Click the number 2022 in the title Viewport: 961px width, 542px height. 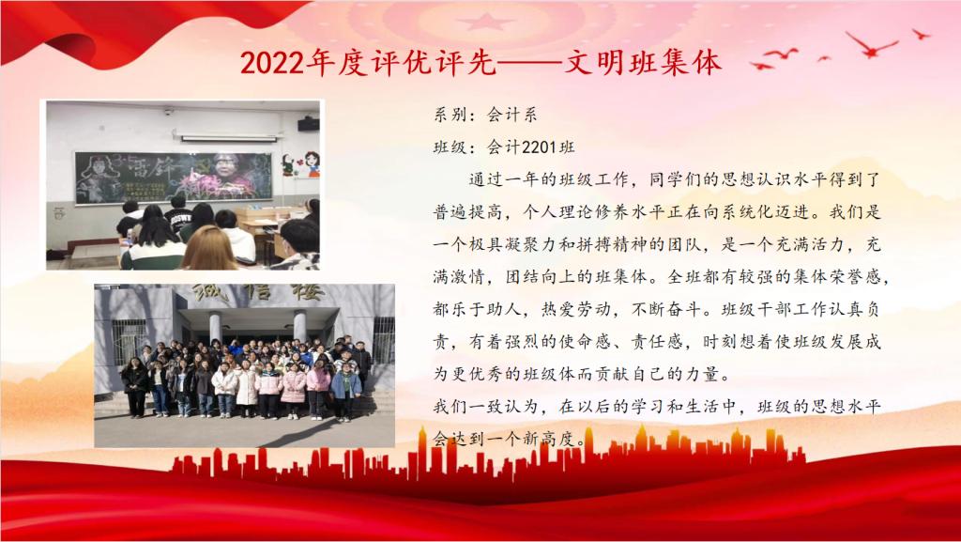tap(272, 63)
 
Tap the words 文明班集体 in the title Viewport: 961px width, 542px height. tap(641, 63)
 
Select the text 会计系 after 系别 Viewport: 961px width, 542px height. tap(511, 115)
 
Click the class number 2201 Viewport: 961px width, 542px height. tap(539, 147)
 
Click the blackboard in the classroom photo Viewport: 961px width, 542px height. tap(174, 178)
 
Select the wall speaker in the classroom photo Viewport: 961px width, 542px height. tap(309, 125)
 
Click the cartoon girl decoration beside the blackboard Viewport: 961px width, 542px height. tap(312, 163)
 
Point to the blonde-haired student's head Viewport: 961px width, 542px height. tap(209, 248)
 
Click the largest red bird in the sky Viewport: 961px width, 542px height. tap(871, 45)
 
